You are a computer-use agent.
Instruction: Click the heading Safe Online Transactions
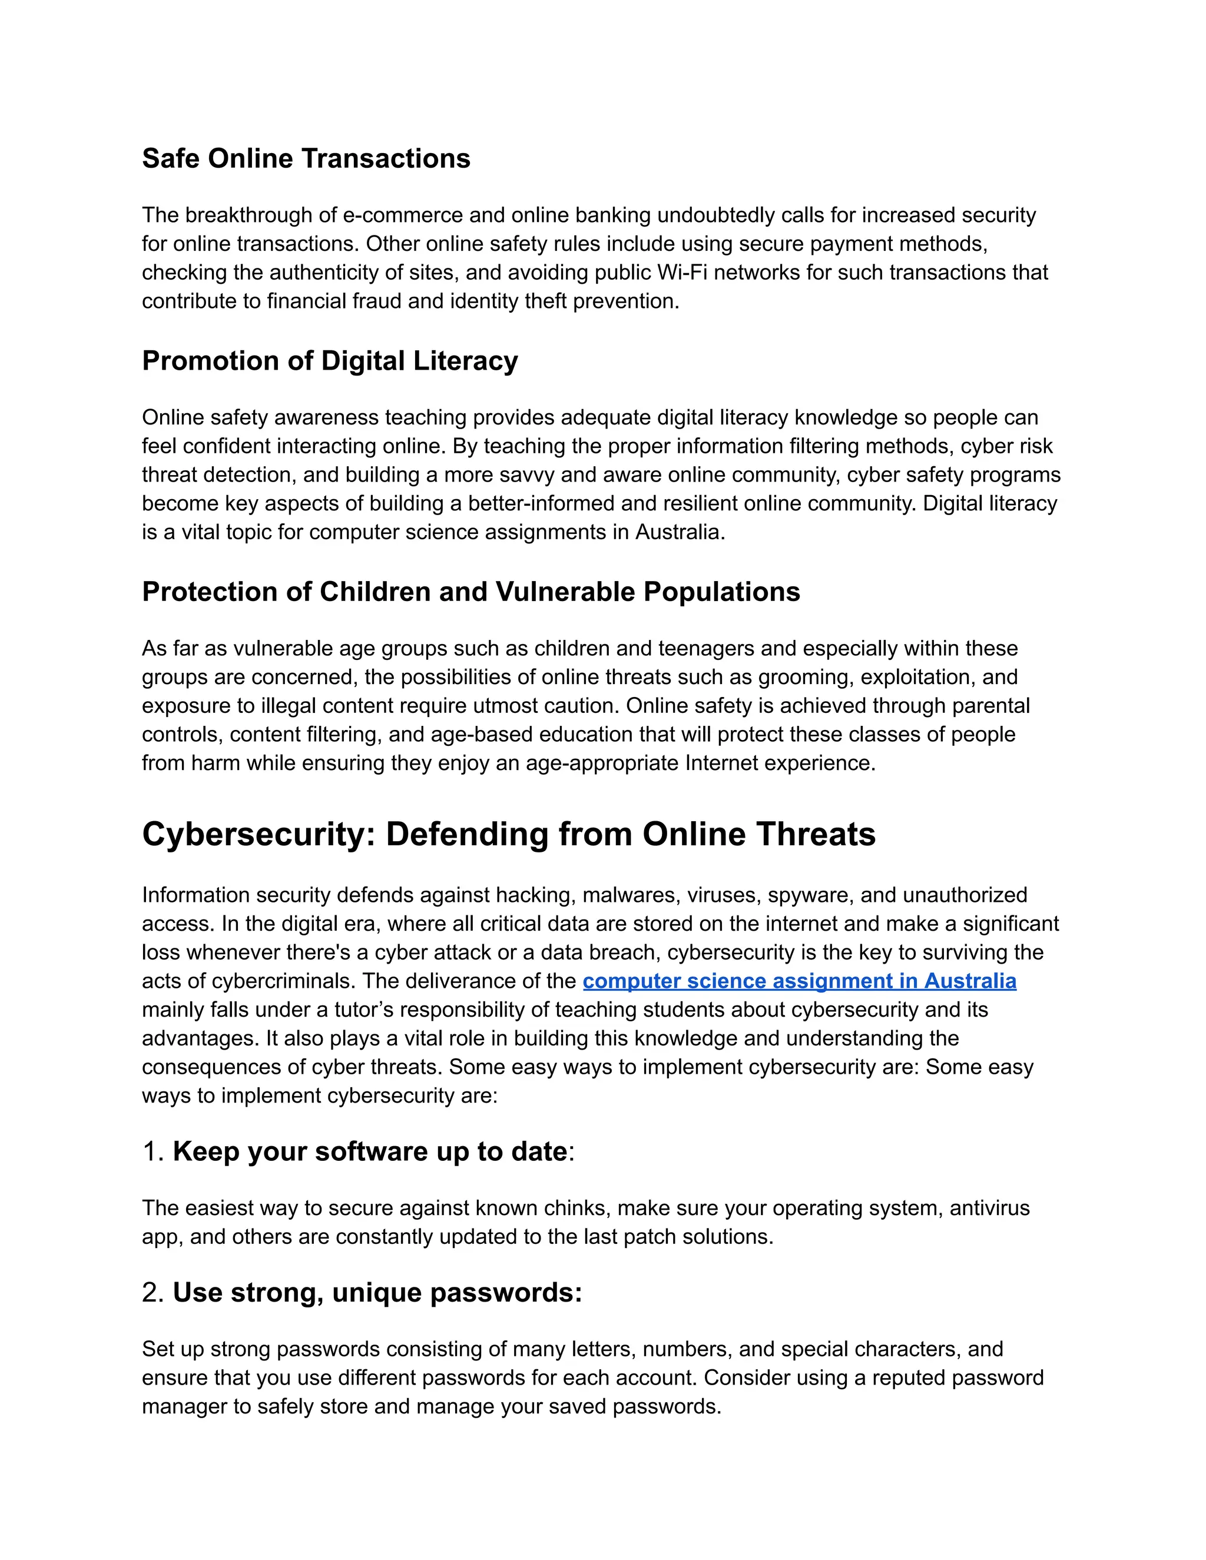pos(306,158)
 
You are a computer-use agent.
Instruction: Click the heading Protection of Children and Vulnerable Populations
pos(471,592)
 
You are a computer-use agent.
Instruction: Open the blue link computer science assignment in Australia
pos(799,981)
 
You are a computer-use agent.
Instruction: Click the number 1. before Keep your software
pos(154,1152)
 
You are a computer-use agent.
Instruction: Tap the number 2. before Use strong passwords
pos(154,1293)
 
